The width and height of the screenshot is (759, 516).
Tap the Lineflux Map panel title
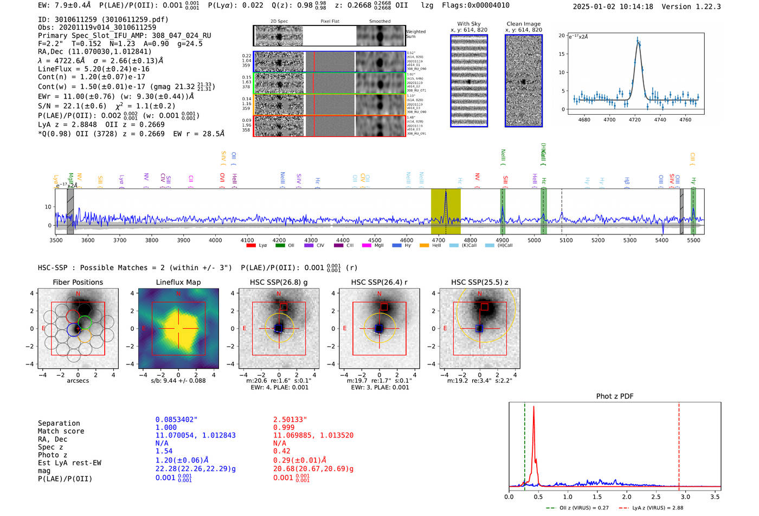coord(178,282)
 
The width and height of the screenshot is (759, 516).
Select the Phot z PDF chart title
coord(615,396)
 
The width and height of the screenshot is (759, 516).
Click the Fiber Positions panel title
coord(78,282)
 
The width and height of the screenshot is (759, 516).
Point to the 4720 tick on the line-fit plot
coord(635,120)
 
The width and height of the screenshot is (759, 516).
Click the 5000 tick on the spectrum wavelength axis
coord(534,240)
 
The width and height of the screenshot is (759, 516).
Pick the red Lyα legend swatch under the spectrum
coord(251,245)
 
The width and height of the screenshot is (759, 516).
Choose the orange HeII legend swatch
coord(424,245)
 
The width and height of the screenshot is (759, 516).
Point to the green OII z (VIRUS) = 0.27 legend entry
coord(577,508)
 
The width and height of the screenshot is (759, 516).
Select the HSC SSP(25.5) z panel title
coord(479,282)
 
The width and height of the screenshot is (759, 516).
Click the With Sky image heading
coord(468,24)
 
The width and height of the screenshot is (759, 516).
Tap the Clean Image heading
coord(523,24)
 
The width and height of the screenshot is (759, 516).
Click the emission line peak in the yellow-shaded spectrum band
coord(446,192)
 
